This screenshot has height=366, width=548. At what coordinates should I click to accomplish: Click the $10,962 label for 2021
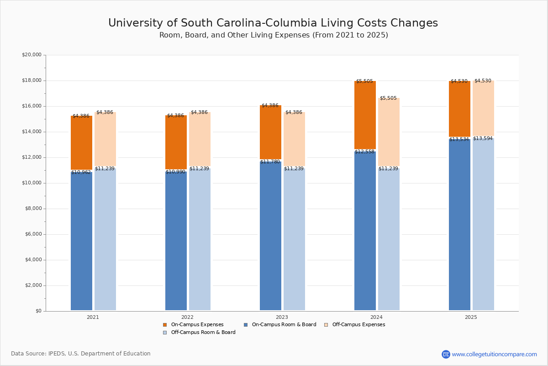click(x=82, y=172)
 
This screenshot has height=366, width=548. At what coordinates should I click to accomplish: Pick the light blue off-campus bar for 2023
click(x=294, y=238)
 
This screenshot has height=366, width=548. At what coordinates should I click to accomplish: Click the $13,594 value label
click(x=483, y=139)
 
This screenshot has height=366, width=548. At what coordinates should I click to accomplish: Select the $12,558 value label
click(x=364, y=152)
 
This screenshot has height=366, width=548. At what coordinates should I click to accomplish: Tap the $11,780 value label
click(x=270, y=162)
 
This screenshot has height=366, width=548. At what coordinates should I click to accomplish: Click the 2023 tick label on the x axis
click(x=282, y=317)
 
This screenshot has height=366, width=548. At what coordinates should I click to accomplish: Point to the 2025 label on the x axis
click(x=471, y=317)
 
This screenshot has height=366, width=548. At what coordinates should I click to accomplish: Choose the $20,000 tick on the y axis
click(x=32, y=55)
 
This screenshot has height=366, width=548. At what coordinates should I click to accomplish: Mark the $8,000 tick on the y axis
click(x=33, y=209)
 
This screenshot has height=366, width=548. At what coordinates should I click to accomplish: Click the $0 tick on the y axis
click(x=38, y=311)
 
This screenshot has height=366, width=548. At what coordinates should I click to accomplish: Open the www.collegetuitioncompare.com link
click(x=494, y=354)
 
